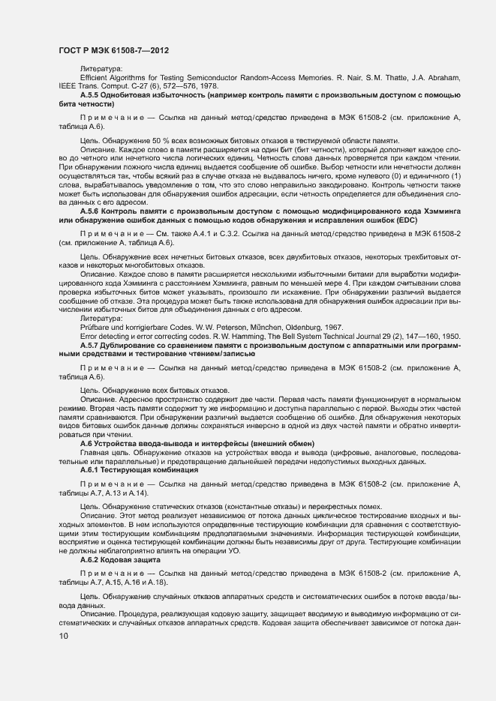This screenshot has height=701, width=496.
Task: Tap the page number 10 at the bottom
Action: click(x=63, y=637)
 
